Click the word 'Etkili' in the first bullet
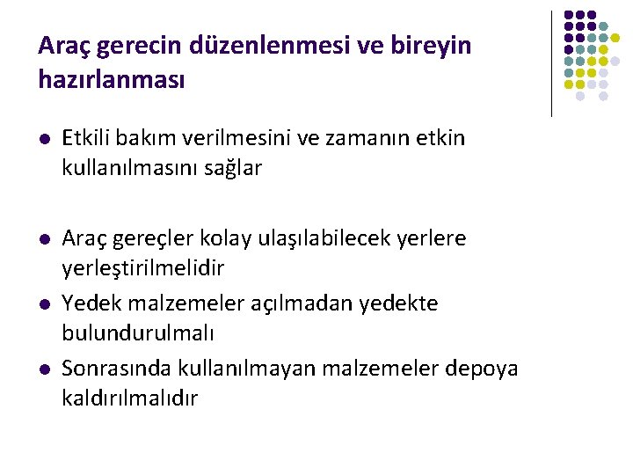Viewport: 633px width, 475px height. pos(87,139)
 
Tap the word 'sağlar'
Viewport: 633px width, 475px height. pos(234,168)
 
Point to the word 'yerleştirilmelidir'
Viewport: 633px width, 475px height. pos(143,267)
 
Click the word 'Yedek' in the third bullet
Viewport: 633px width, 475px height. pos(87,303)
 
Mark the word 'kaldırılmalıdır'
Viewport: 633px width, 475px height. pos(130,398)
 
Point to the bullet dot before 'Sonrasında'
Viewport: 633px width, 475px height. pos(45,369)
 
